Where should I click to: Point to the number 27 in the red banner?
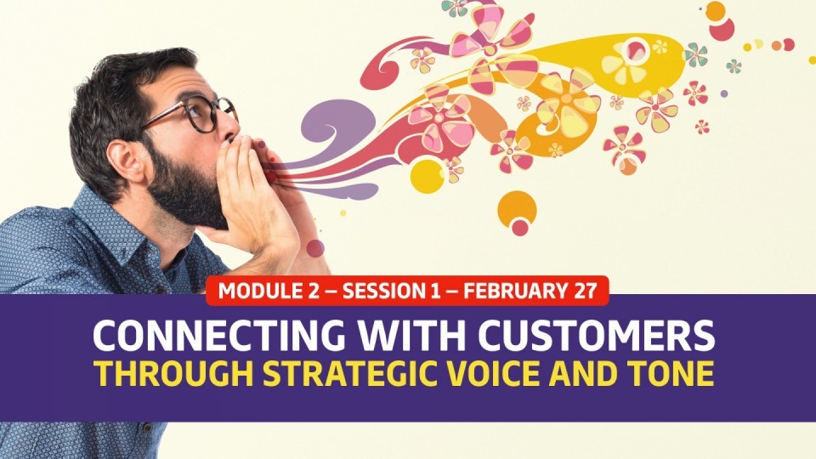[586, 291]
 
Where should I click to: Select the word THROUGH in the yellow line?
[173, 373]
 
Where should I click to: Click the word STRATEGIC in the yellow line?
[348, 373]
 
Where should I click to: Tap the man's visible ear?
[124, 161]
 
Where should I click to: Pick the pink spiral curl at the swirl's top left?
[383, 65]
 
